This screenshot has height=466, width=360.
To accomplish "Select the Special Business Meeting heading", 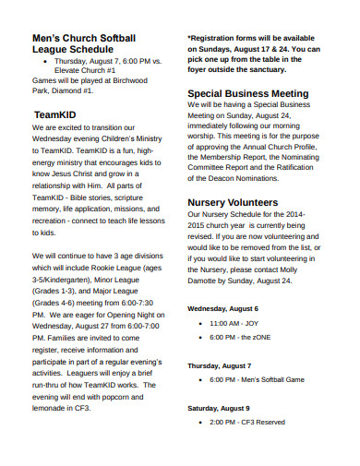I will pyautogui.click(x=247, y=93).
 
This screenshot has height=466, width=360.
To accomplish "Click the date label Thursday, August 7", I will pyautogui.click(x=219, y=365).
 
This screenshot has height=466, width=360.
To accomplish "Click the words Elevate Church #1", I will pyautogui.click(x=86, y=70).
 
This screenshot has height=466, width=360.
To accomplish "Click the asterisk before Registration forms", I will pyautogui.click(x=190, y=37).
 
